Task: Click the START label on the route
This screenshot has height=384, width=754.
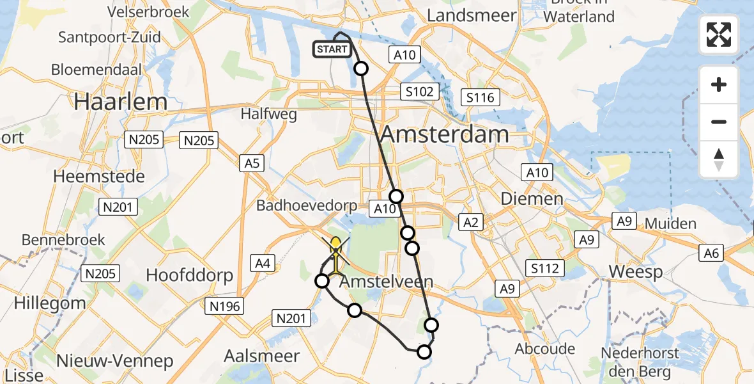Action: tap(332, 49)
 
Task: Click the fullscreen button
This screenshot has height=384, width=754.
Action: tap(719, 35)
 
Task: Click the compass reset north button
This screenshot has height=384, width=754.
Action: tap(719, 159)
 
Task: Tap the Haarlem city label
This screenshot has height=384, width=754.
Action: tap(121, 102)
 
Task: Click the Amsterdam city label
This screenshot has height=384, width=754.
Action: tap(445, 134)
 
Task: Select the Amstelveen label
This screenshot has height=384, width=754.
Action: tap(386, 282)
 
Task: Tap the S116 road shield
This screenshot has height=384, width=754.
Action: tap(481, 97)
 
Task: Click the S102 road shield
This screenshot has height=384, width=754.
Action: tap(419, 92)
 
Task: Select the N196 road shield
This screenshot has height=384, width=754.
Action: tap(225, 307)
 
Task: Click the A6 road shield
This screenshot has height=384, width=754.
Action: tap(711, 253)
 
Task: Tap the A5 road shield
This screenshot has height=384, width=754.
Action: tap(252, 163)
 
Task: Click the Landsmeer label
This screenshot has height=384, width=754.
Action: tap(472, 15)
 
